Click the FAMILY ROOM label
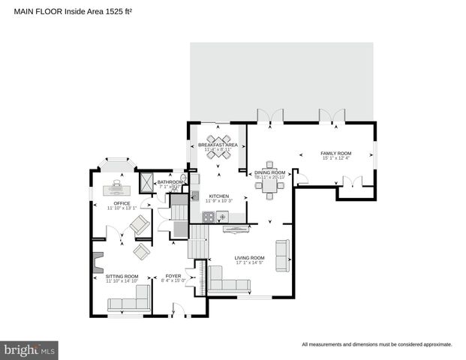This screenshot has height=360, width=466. (335, 153)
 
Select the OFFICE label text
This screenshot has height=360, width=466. (122, 203)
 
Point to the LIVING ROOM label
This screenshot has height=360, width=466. (249, 258)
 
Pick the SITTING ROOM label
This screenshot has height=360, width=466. (122, 276)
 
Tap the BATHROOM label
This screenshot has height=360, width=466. (171, 181)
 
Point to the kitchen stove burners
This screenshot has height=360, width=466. (208, 217)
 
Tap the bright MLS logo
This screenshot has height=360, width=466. (30, 349)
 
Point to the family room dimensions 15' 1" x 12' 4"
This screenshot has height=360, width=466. (335, 158)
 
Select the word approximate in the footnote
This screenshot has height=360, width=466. (437, 345)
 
